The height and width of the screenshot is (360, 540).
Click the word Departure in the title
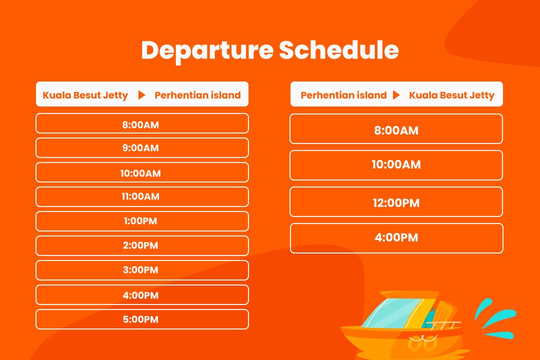click(207, 50)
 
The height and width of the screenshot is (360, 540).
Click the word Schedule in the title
click(339, 50)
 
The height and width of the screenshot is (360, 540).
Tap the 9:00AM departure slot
click(142, 148)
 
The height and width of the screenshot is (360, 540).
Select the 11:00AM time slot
click(142, 196)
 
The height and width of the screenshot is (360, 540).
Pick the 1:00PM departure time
click(142, 221)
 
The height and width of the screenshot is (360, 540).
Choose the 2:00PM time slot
click(142, 245)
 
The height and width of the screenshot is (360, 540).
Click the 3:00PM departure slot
click(142, 270)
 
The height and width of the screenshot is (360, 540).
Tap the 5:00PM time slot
click(142, 319)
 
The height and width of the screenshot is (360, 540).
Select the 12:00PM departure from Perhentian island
click(396, 202)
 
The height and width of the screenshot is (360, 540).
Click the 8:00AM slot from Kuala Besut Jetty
click(142, 123)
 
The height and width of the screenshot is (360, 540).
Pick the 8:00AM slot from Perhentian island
click(396, 129)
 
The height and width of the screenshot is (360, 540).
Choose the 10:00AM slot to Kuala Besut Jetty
click(396, 165)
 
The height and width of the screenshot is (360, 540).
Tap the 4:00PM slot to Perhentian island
click(142, 295)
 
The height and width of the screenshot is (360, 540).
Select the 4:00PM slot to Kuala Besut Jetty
click(396, 238)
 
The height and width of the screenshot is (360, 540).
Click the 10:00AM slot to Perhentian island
click(142, 172)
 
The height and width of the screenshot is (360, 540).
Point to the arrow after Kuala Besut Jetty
click(141, 95)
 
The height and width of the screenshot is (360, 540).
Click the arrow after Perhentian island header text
click(396, 95)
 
